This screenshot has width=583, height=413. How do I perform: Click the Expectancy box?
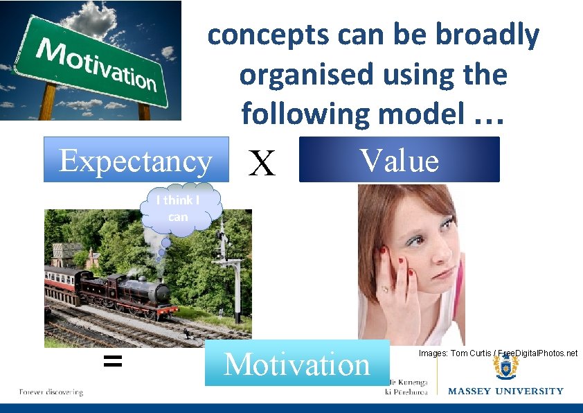pos(136,160)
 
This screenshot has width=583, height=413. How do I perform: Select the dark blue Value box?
pos(399,159)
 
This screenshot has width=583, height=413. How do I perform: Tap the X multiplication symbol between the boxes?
pos(262,164)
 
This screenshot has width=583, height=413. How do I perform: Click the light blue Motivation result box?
pos(297,364)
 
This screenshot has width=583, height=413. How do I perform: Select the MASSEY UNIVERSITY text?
pos(505,392)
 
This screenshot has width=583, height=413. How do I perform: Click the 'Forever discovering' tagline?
pos(51,392)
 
